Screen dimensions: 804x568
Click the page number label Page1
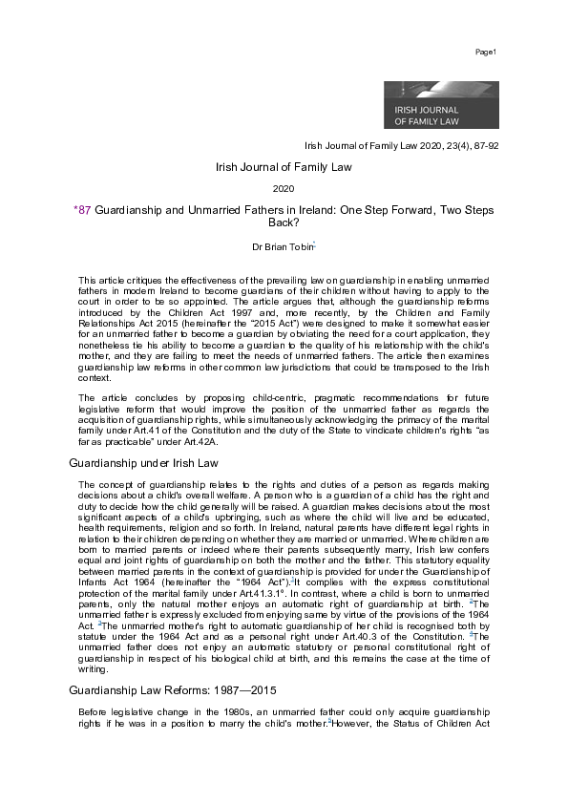(x=486, y=50)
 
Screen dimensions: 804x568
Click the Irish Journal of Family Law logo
(x=440, y=104)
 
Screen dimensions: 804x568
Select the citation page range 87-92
(x=484, y=146)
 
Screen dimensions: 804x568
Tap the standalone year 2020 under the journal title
(x=283, y=189)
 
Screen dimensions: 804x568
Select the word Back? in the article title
(x=284, y=222)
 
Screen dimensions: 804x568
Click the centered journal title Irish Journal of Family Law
(x=283, y=167)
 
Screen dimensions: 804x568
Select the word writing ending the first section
(x=95, y=669)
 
